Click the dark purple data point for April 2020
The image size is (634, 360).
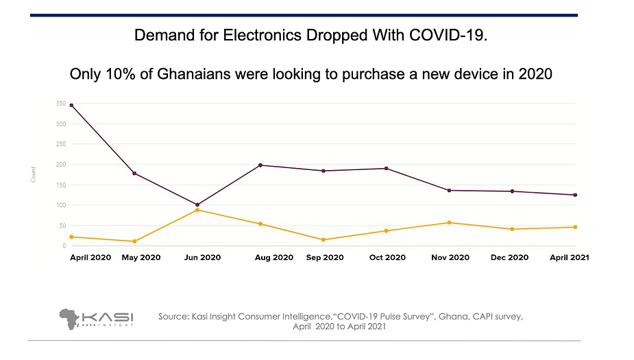tap(71, 105)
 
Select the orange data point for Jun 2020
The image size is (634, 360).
tap(197, 210)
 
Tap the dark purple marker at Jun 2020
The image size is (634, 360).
tap(197, 204)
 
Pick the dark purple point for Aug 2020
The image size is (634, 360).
tap(260, 165)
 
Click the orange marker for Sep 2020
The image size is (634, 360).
tap(324, 240)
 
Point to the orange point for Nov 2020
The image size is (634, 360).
tap(450, 223)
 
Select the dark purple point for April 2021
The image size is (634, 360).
tap(575, 195)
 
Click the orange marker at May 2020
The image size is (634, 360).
tap(134, 241)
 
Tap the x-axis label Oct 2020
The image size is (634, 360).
tap(387, 258)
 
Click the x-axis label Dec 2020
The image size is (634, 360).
tap(509, 258)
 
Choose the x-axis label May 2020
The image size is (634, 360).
tap(141, 258)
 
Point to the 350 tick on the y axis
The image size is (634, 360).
tap(61, 104)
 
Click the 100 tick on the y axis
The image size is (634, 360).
tap(61, 205)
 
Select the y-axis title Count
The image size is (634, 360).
tap(34, 174)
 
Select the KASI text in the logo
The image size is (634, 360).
tap(108, 317)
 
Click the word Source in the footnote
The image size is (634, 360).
tap(175, 316)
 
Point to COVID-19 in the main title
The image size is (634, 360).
tap(452, 36)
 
